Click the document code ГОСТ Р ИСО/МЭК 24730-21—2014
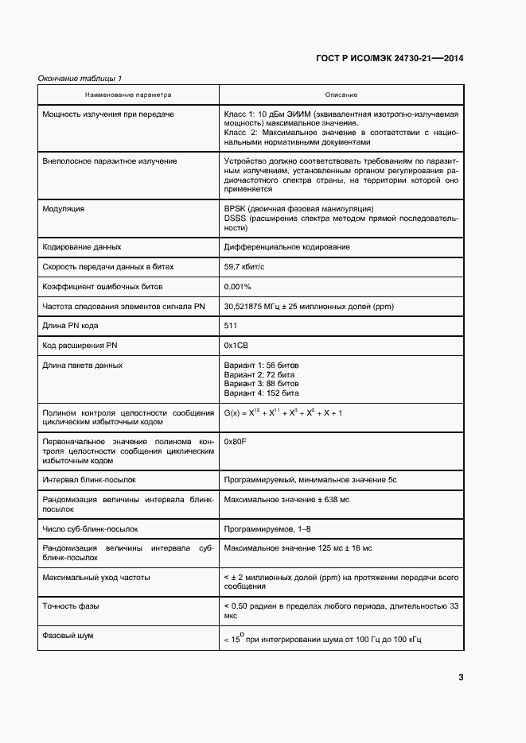[x=390, y=59]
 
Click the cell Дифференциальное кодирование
[x=287, y=247]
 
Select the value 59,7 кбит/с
[x=249, y=267]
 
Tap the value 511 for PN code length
[x=232, y=326]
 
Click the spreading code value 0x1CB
[x=237, y=345]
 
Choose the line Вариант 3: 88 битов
[x=262, y=383]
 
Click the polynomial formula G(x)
[x=283, y=412]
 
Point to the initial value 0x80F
[x=236, y=441]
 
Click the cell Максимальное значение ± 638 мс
[x=286, y=499]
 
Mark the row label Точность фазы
[x=70, y=606]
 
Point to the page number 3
[x=461, y=677]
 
